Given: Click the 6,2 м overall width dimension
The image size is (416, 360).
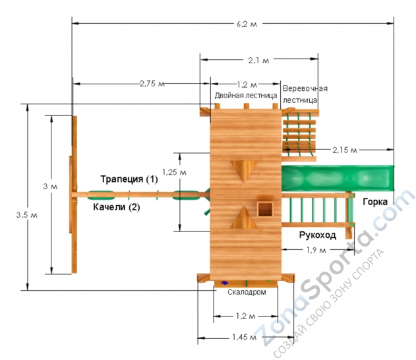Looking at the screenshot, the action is [x=247, y=24].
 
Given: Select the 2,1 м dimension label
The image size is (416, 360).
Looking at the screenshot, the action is [x=258, y=61].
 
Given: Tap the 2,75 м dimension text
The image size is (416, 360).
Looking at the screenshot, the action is [x=152, y=84].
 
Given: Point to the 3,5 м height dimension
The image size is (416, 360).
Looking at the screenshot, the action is [x=27, y=215].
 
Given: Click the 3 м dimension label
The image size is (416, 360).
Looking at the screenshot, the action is [x=50, y=187].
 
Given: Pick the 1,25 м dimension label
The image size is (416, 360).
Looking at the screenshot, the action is [x=174, y=172].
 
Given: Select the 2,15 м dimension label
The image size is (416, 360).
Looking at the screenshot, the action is [x=345, y=150].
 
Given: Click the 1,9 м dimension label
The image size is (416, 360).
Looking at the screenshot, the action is [x=316, y=250].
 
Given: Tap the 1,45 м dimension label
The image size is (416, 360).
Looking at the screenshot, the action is [x=245, y=337].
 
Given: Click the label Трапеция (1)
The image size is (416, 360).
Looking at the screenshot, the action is [x=129, y=179].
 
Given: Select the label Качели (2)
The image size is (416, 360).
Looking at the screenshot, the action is [x=117, y=207].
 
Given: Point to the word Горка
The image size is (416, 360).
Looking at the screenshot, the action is [x=375, y=202].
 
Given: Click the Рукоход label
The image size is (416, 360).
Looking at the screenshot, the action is [x=318, y=235].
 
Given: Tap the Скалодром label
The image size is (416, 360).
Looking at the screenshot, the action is [x=247, y=292].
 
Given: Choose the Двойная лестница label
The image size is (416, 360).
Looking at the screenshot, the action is [x=246, y=96].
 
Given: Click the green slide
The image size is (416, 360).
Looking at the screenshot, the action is [x=338, y=178].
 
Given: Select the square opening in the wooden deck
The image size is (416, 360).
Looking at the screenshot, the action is [x=265, y=209].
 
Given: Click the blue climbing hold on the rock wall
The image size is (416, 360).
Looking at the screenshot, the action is [x=225, y=283].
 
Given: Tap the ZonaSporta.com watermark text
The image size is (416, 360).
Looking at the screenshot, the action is [x=335, y=268].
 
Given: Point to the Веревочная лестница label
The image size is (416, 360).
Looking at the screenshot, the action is [x=305, y=94].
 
